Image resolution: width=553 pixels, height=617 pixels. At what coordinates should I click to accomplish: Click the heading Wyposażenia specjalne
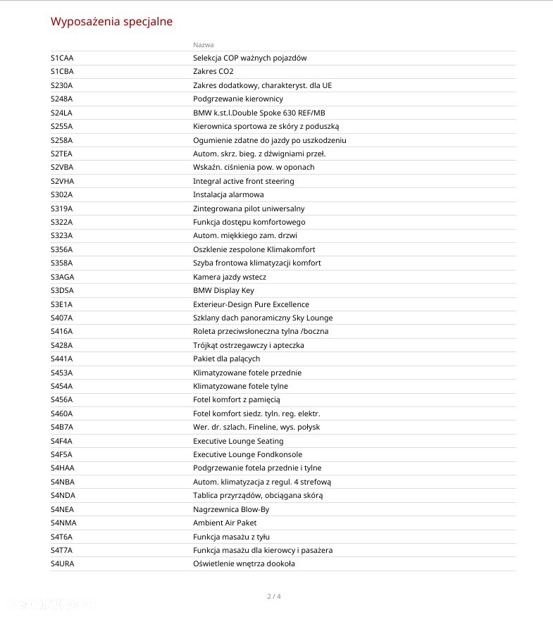(111, 21)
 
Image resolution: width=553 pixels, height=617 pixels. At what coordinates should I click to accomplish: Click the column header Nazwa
(203, 44)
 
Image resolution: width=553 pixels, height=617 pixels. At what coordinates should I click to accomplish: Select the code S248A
(61, 99)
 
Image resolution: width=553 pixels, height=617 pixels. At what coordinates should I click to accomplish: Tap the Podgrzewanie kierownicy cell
(237, 99)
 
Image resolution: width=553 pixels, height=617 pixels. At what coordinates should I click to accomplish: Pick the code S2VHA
(62, 181)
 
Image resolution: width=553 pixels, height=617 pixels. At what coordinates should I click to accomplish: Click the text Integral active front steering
(243, 181)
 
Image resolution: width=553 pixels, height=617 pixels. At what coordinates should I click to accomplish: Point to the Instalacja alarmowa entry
(228, 194)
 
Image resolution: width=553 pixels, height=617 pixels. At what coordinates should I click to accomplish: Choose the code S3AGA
(62, 277)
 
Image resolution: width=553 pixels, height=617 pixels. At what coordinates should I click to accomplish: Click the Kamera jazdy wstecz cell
(230, 277)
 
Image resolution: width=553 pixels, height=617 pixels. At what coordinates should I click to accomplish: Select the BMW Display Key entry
(223, 290)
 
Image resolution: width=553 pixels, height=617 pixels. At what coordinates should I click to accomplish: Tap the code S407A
(61, 318)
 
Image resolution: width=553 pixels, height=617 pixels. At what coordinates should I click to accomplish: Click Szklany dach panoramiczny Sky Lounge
(263, 318)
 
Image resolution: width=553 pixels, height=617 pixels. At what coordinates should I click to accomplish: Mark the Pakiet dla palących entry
(226, 359)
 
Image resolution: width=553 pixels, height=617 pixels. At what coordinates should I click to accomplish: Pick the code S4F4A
(61, 441)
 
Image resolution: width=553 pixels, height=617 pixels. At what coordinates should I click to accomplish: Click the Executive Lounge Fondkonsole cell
(247, 454)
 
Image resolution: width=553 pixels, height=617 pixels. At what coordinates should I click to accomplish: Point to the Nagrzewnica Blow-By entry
(231, 509)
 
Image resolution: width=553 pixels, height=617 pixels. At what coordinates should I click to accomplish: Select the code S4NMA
(63, 523)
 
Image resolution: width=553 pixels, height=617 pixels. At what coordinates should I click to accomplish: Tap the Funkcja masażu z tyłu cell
(231, 537)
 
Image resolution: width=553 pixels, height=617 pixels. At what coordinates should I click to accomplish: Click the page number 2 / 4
(274, 597)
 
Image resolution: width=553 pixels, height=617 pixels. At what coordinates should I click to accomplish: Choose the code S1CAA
(62, 58)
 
